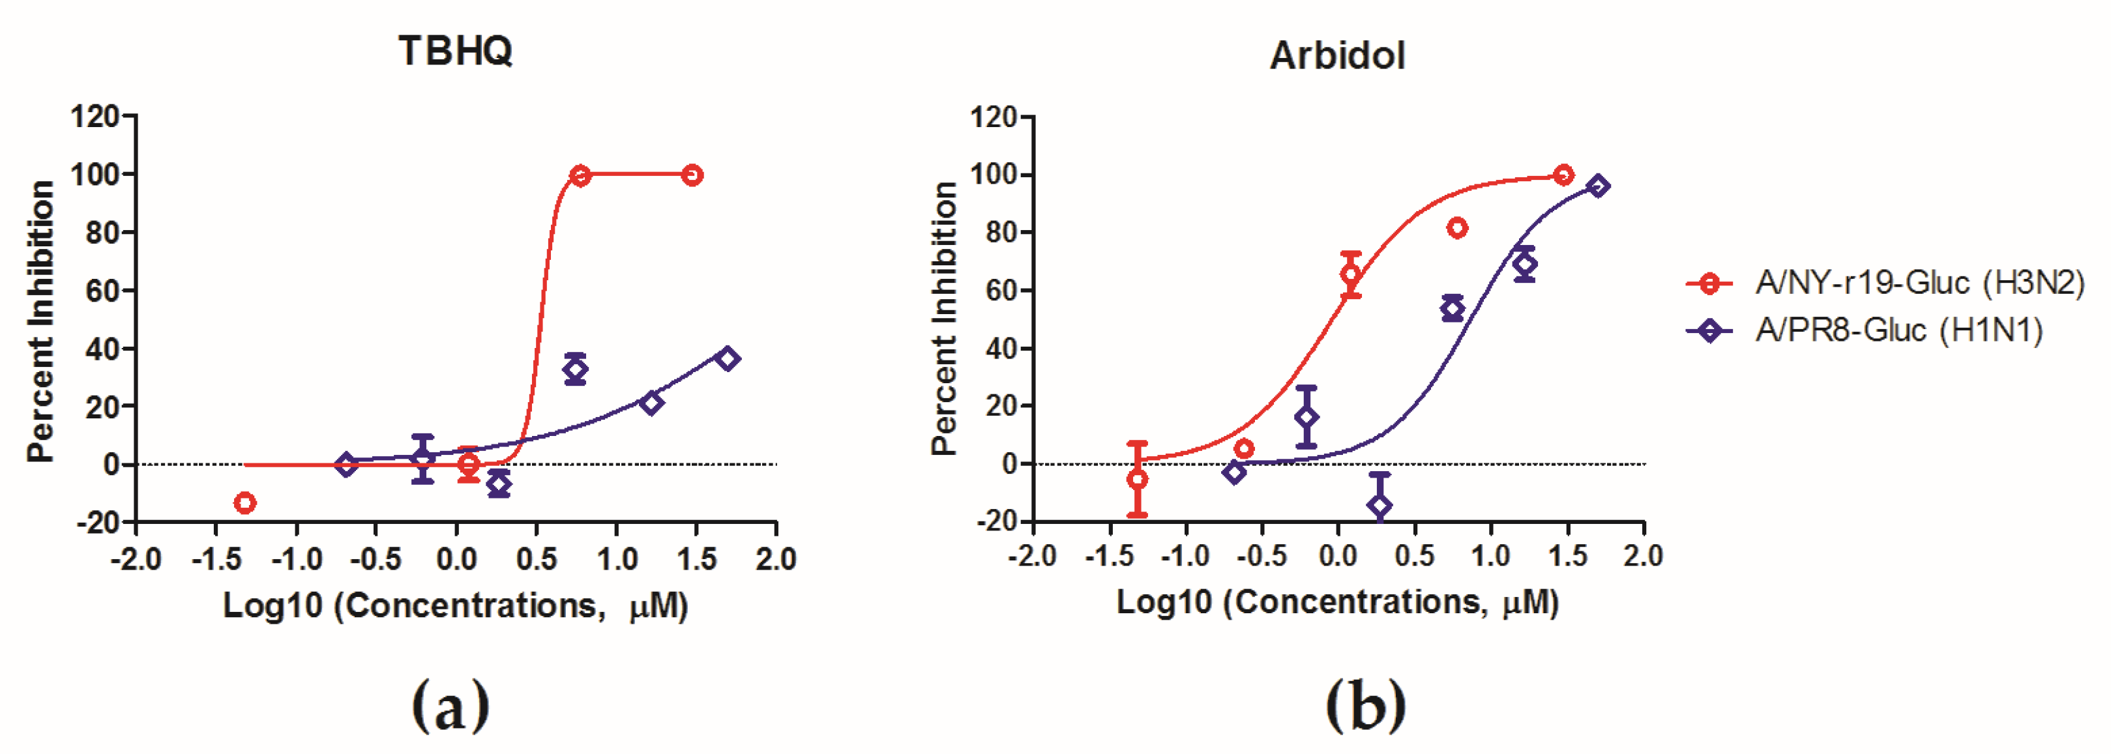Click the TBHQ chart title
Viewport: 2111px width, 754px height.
tap(456, 51)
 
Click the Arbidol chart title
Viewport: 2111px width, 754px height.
tap(1337, 56)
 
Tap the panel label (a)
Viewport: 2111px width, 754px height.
tap(450, 706)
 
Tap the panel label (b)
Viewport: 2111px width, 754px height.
tap(1365, 706)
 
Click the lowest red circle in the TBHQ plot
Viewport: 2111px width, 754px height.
tap(244, 503)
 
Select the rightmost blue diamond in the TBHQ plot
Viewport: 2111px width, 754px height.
tap(728, 359)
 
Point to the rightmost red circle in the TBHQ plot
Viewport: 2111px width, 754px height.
tap(692, 175)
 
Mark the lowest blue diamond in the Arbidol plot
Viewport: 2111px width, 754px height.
tap(1380, 506)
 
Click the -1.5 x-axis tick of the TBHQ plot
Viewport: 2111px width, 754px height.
tap(216, 560)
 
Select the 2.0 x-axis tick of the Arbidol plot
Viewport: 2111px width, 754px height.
tap(1643, 557)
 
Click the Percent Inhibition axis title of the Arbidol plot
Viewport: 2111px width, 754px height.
tap(944, 318)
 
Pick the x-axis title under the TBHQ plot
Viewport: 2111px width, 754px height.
tap(456, 607)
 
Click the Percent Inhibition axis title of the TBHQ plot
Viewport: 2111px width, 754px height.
tap(41, 321)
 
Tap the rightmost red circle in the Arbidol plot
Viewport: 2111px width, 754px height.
tap(1563, 175)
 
